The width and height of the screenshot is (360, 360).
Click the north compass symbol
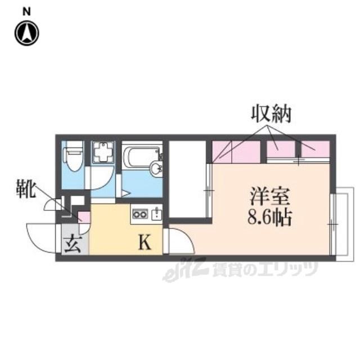point(26,33)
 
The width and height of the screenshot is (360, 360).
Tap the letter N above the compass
point(26,11)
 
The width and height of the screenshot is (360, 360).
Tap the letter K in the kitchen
point(144,243)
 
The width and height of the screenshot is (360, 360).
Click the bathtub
point(142,156)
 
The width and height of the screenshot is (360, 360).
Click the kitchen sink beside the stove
point(156,214)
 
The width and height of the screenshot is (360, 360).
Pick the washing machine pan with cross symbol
point(102,152)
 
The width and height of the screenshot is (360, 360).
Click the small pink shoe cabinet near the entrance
point(83,216)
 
